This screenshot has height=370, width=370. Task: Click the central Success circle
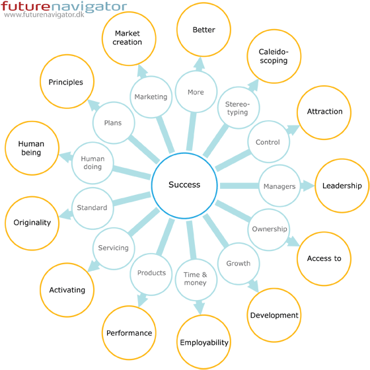tap(184, 186)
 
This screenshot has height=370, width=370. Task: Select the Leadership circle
tap(342, 186)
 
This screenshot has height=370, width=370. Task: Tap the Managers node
tap(279, 186)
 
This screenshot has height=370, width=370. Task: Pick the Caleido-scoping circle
tap(274, 56)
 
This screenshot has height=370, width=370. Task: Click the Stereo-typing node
tap(239, 108)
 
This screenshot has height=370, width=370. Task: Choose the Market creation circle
tap(129, 39)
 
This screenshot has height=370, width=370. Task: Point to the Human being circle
tap(32, 148)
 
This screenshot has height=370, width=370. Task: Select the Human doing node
tap(92, 163)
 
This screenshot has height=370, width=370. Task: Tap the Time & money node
tap(196, 279)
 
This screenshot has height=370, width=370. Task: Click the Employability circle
tap(203, 342)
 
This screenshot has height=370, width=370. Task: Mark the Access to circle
tap(324, 259)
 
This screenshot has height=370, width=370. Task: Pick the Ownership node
tap(269, 230)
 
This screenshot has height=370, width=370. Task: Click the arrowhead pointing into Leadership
tap(309, 186)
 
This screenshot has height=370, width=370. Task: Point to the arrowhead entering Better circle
tap(200, 64)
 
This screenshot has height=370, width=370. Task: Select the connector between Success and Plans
tap(143, 149)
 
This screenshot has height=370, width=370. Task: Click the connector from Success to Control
tap(233, 161)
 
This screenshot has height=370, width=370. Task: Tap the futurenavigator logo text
tap(63, 7)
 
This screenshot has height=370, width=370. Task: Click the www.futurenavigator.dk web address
tap(44, 15)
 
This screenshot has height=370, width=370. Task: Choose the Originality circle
tap(32, 223)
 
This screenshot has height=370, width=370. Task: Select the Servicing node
tap(114, 248)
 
